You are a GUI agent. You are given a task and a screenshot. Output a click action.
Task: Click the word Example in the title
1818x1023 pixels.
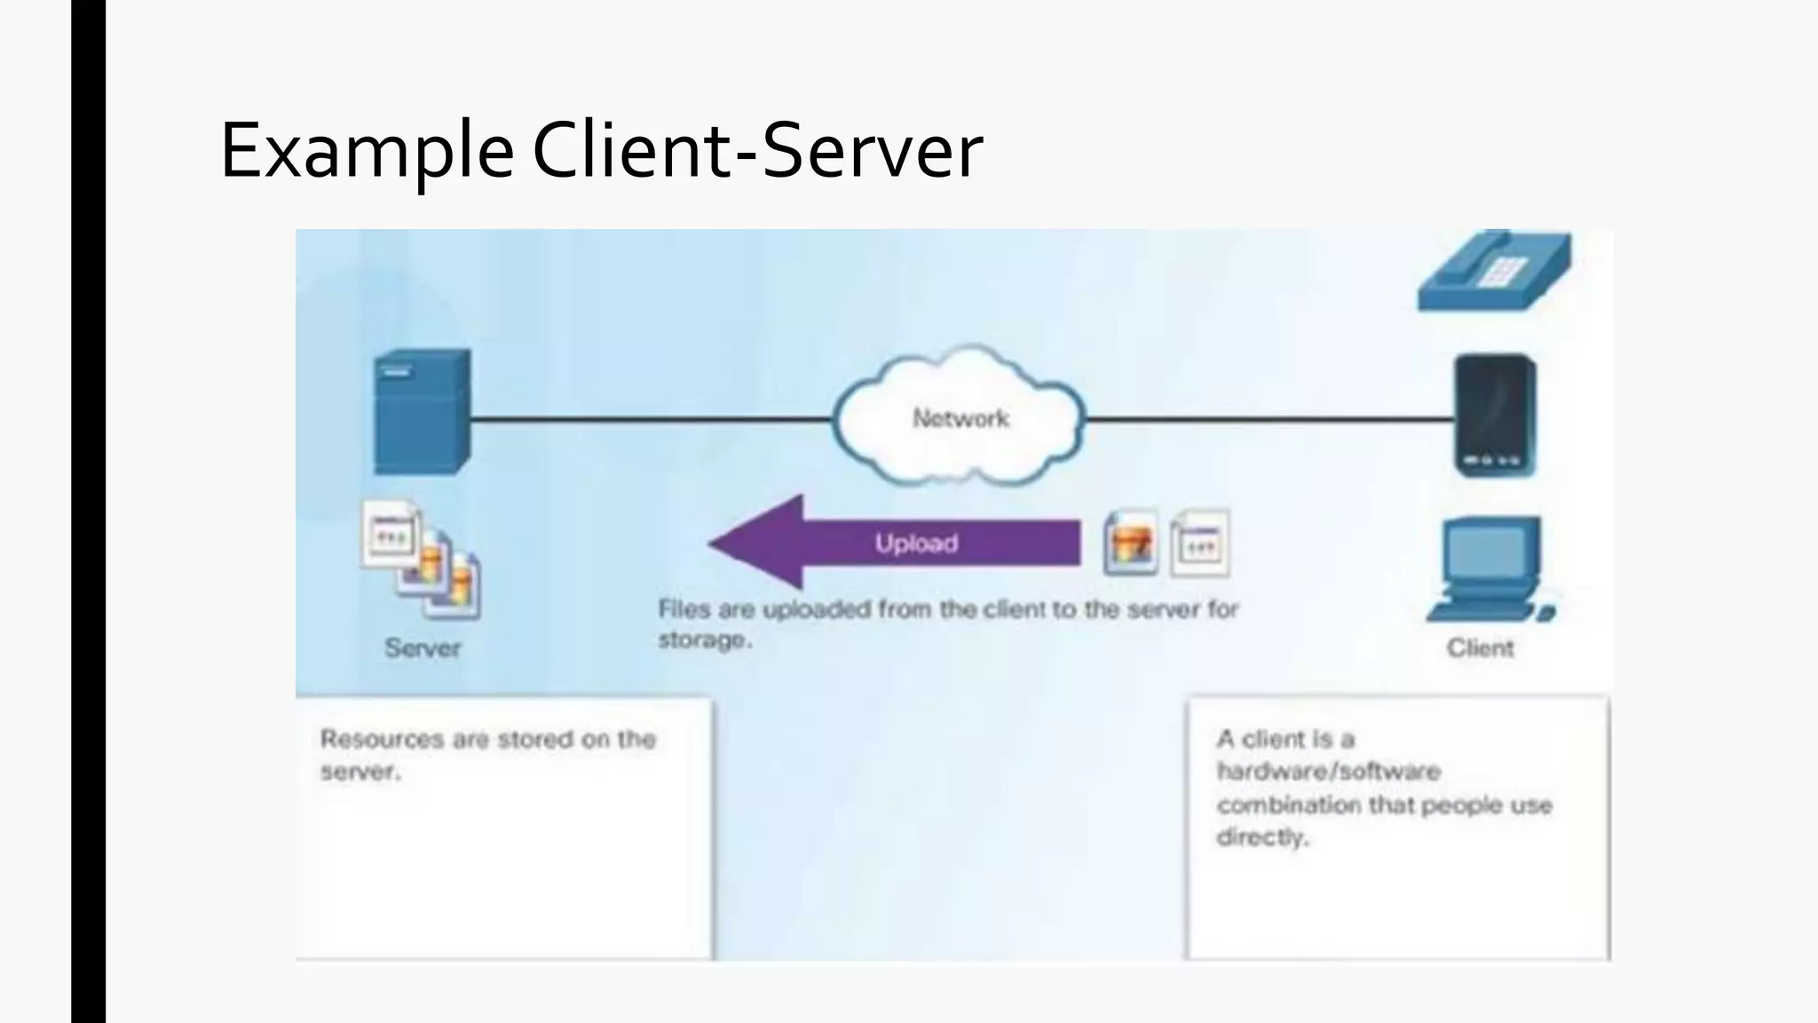click(x=366, y=151)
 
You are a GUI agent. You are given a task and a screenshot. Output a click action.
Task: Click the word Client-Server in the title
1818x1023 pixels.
click(x=757, y=151)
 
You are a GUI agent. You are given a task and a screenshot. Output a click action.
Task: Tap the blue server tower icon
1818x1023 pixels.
click(x=422, y=412)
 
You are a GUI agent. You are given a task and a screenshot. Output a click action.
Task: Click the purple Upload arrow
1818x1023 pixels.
click(x=897, y=543)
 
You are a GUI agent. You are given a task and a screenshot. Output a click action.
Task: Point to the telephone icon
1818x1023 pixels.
click(x=1494, y=272)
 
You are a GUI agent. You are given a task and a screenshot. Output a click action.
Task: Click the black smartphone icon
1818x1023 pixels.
click(x=1495, y=416)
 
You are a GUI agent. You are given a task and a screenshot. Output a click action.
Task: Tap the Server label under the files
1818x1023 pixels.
click(x=423, y=648)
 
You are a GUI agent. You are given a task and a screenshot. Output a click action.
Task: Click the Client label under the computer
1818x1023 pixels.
click(x=1480, y=648)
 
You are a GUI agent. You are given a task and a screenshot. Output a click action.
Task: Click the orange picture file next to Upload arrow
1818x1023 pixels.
click(x=1131, y=543)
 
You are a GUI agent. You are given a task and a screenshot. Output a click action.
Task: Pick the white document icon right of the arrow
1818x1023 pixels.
click(x=1200, y=543)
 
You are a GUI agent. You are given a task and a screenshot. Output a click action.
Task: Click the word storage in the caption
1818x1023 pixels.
click(x=704, y=640)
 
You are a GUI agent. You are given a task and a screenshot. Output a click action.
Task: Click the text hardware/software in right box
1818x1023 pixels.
click(x=1328, y=771)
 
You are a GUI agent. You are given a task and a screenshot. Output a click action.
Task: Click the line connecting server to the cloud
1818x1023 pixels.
click(x=648, y=419)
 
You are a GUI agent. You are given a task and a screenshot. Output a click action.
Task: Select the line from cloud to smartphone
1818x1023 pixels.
click(x=1269, y=419)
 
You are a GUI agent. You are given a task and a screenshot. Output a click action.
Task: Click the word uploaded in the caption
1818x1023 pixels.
click(x=817, y=609)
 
